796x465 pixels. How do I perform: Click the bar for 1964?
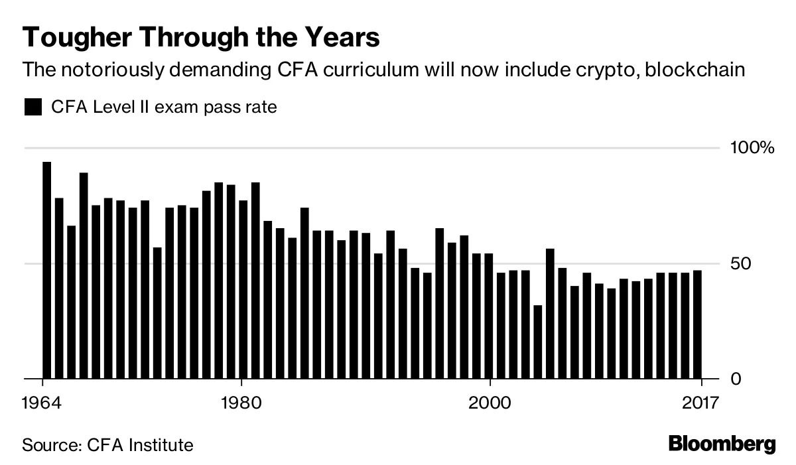point(46,271)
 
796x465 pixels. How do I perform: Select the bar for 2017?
point(697,325)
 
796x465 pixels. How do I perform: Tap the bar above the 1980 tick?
point(243,290)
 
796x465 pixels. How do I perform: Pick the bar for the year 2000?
point(489,316)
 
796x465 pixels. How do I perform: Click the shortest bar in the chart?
point(538,342)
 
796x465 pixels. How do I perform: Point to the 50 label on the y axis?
point(740,264)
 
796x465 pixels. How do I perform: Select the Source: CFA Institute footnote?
point(108,444)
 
